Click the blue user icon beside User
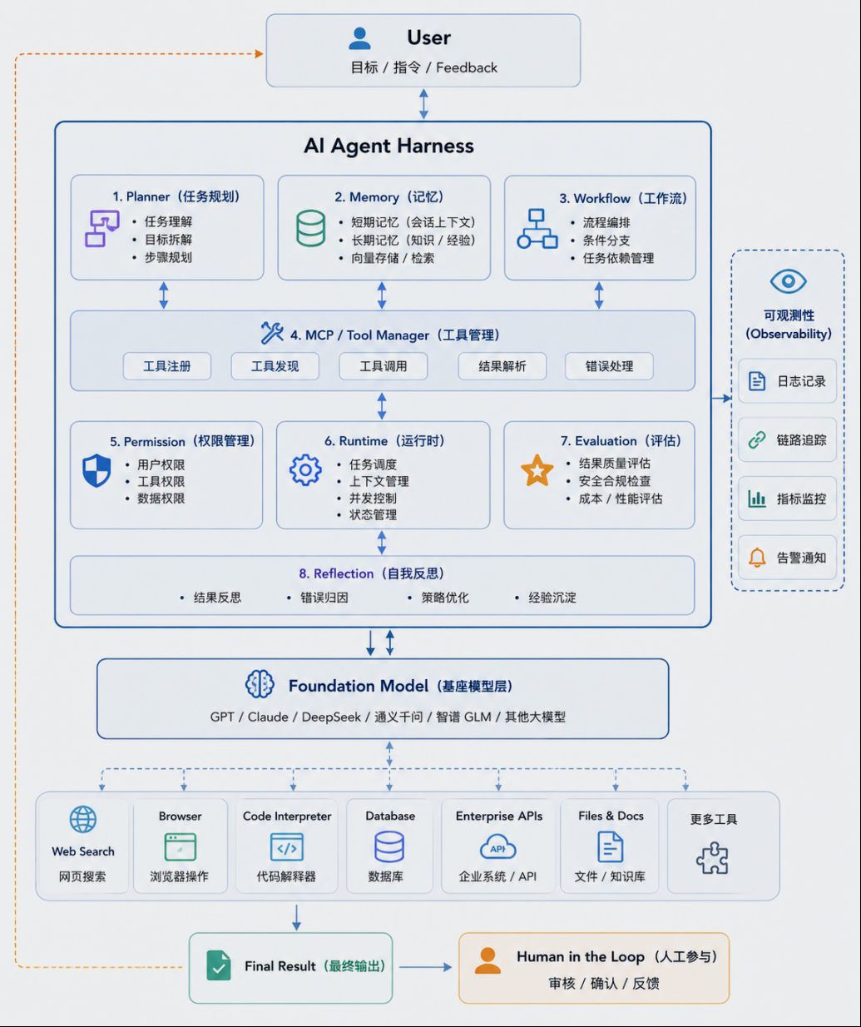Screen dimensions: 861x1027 (359, 38)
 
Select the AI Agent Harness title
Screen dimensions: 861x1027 (388, 146)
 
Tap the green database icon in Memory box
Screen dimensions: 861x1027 (311, 228)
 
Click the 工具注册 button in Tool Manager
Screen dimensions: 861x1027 (167, 366)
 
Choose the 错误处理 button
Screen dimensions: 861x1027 (609, 366)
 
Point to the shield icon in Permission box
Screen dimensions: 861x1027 (96, 470)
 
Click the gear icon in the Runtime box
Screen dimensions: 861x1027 (305, 470)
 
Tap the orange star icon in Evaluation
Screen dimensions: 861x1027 (537, 470)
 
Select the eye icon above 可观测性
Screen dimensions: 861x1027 (789, 281)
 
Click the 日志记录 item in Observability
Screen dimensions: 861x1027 (787, 381)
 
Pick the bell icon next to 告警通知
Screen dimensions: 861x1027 (757, 558)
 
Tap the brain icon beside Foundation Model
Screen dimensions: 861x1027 (260, 684)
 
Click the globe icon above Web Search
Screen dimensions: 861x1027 (83, 820)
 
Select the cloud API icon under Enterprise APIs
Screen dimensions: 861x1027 (498, 847)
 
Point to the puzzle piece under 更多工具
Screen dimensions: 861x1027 (712, 858)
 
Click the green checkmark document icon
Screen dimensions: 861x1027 (219, 965)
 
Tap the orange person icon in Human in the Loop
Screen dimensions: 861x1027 (487, 960)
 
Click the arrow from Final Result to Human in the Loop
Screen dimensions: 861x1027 (425, 967)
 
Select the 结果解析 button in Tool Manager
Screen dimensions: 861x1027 (502, 366)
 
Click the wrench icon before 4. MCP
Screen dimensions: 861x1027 (272, 333)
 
